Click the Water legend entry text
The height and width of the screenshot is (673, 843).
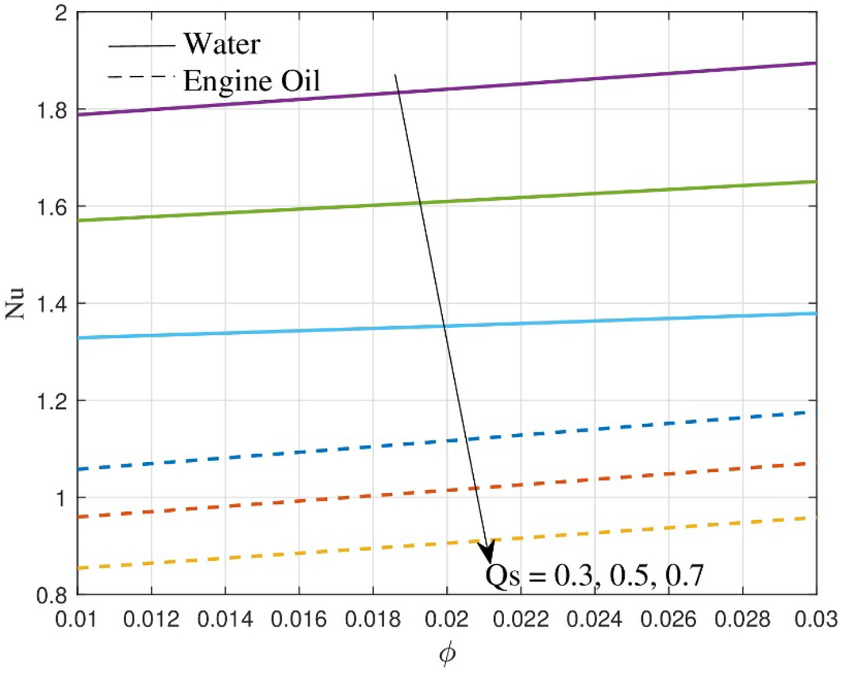pyautogui.click(x=221, y=44)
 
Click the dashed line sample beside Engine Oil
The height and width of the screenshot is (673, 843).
pyautogui.click(x=139, y=77)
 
